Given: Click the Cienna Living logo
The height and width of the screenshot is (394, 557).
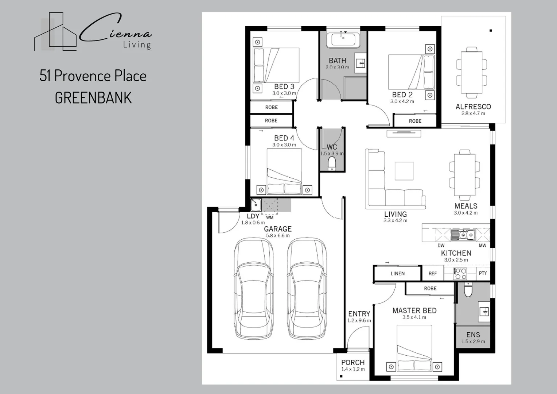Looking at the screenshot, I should coord(93,32).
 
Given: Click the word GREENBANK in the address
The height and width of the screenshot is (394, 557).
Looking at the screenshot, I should coord(93,98).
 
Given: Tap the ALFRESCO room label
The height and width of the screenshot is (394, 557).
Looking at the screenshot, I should coord(473,107).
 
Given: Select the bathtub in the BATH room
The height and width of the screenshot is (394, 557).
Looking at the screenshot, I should coord(343,40).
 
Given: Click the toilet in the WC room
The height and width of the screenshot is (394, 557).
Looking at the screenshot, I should coord(332,163).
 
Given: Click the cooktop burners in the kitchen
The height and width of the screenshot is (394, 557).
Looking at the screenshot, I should coord(460,274).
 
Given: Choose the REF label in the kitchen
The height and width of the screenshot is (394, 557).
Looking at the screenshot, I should coord(433,274).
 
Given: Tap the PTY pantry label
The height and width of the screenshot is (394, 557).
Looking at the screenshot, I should coord(483,273).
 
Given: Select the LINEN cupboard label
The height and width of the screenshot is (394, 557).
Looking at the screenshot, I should coord(397,274).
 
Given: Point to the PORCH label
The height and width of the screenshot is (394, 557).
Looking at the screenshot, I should coord(353,363).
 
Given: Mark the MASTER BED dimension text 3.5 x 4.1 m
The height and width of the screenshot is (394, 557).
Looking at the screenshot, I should coord(414,317).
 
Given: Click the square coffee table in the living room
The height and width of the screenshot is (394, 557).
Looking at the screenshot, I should coord(404,171).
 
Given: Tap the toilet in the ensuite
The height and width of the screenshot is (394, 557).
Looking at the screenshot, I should coord(468,290).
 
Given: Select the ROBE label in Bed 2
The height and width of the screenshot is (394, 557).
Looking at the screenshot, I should coord(415,121).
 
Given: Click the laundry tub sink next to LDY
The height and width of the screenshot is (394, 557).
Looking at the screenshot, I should coord(256,205).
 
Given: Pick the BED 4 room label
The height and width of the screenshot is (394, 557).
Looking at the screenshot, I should coord(284,138).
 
